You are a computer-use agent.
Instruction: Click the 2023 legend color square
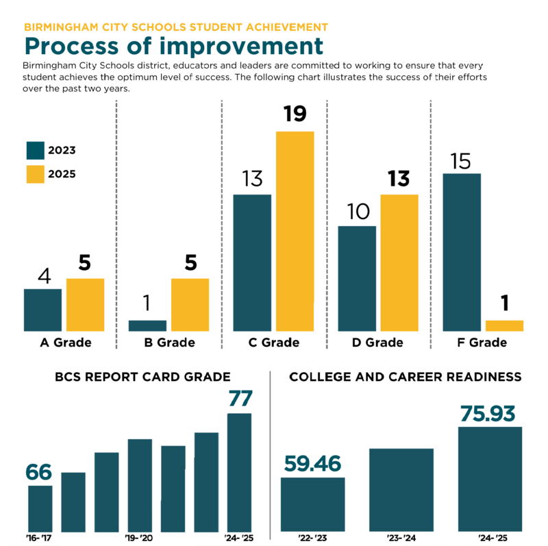[35, 151]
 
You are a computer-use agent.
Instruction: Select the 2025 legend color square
[35, 174]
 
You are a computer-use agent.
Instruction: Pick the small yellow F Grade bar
[504, 326]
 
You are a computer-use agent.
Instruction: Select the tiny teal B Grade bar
[147, 326]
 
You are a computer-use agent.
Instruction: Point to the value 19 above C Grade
[295, 113]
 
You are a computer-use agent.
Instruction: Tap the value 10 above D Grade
[356, 212]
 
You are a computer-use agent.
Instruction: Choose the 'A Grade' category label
[65, 343]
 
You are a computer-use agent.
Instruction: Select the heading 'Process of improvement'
[173, 46]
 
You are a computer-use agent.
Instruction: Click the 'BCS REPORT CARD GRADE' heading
[142, 377]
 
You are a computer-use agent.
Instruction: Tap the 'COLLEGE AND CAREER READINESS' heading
[406, 377]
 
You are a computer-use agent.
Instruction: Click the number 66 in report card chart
[40, 472]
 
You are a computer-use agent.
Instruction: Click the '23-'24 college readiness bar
[401, 489]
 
